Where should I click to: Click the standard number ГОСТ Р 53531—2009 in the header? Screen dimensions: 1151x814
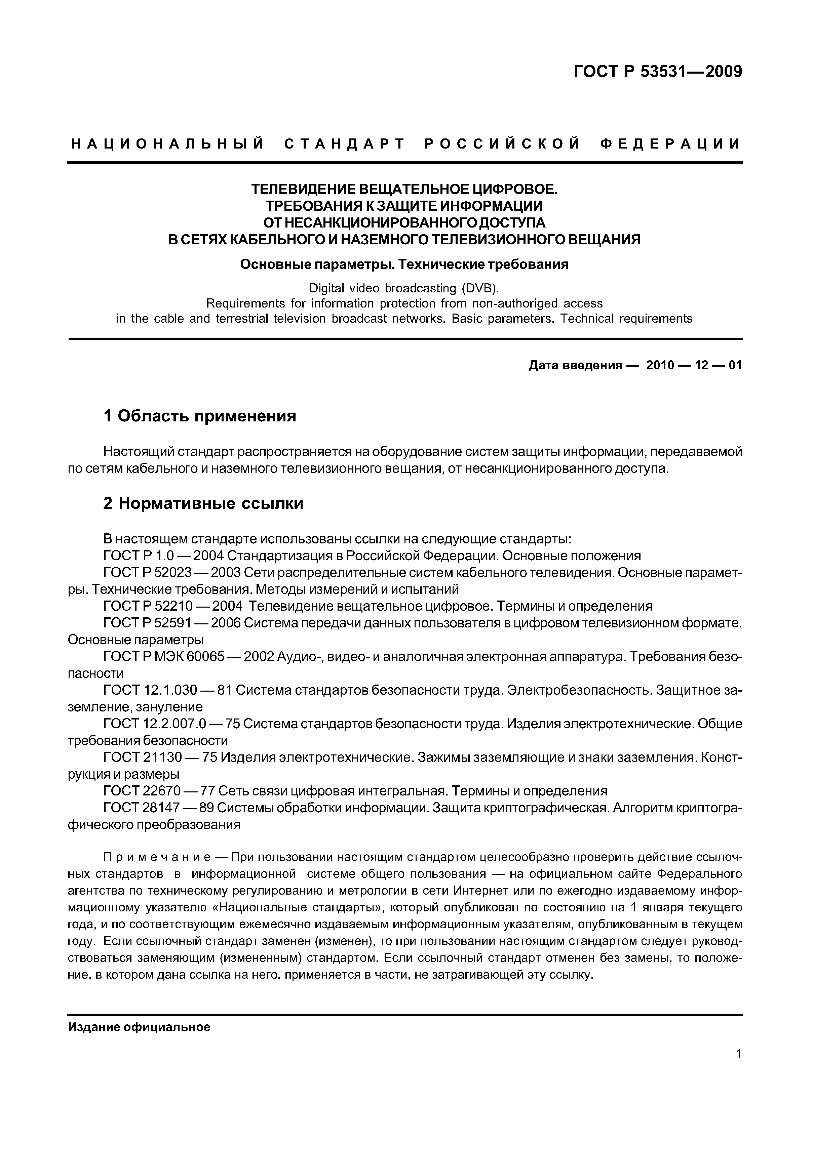click(658, 72)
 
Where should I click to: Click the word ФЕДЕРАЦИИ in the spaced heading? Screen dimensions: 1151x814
click(670, 145)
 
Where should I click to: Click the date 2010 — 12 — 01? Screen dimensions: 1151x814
click(694, 365)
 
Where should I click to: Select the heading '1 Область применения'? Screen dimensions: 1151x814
click(200, 416)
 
